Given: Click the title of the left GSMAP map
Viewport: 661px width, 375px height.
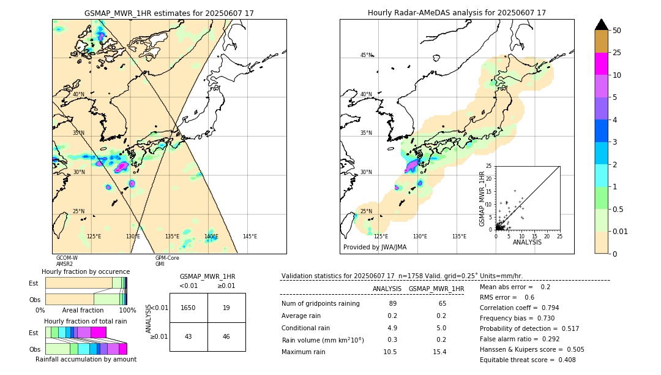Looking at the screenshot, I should coord(169,13).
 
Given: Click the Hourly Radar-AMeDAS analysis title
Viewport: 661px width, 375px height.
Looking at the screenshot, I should coord(457,13).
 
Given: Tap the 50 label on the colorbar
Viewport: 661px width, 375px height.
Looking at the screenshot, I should coord(617,31).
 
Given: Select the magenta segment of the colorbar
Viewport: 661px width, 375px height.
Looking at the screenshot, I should coord(601,64).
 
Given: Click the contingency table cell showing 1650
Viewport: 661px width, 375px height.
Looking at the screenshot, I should coord(189,308).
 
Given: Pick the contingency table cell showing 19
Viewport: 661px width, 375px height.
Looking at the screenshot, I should coord(226,308).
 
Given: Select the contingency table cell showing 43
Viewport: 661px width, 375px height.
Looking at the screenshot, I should coord(189,337).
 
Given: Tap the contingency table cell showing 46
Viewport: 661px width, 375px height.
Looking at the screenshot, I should coord(226,337).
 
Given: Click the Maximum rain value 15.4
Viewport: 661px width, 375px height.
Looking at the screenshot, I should coord(439,352).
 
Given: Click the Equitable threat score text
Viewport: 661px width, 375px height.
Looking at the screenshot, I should coord(528,360).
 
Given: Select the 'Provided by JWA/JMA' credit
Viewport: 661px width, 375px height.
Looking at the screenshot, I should coord(375,248).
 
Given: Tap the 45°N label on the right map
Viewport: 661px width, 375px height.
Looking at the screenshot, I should coord(366,55).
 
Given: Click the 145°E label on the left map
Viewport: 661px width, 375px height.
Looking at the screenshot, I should coord(250,237).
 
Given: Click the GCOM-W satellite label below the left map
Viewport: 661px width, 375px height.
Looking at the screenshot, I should coord(67,258).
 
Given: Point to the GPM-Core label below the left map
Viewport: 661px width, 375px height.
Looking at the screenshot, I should coord(167,258).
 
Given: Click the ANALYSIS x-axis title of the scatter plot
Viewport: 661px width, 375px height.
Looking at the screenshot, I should coord(527,242).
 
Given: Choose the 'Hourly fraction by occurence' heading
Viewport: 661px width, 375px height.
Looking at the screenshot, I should coord(86,271).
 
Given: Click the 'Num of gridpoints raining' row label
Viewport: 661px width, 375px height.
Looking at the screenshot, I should coord(321,303).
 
